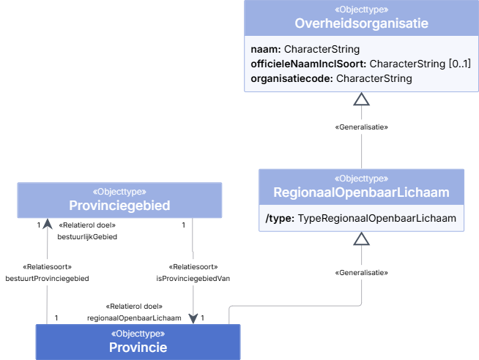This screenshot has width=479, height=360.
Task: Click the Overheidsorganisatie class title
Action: pyautogui.click(x=361, y=23)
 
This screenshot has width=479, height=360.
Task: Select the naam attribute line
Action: pyautogui.click(x=305, y=49)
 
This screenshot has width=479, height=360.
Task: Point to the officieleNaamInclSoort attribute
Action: pyautogui.click(x=361, y=64)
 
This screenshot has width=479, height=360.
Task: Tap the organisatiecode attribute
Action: pyautogui.click(x=332, y=78)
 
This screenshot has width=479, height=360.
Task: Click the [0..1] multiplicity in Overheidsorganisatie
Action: pyautogui.click(x=460, y=64)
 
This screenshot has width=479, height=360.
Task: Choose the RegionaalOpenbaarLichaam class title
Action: pyautogui.click(x=361, y=192)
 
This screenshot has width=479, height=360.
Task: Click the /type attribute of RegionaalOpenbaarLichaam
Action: pyautogui.click(x=361, y=219)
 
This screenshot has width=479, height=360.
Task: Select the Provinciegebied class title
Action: pyautogui.click(x=119, y=206)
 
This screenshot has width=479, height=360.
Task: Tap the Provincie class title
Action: pyautogui.click(x=138, y=348)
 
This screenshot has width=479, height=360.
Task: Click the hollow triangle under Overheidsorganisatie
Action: pyautogui.click(x=361, y=100)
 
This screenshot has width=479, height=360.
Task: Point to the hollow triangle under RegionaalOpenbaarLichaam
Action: pyautogui.click(x=361, y=239)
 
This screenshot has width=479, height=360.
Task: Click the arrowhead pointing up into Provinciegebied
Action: pyautogui.click(x=48, y=224)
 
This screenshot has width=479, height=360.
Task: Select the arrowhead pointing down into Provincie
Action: pyautogui.click(x=193, y=318)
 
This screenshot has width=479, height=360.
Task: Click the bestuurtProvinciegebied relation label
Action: pyautogui.click(x=47, y=279)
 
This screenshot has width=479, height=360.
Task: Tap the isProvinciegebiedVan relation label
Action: pyautogui.click(x=193, y=279)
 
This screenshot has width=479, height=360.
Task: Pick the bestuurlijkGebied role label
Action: pyautogui.click(x=87, y=237)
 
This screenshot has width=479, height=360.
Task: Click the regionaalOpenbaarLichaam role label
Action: pyautogui.click(x=134, y=318)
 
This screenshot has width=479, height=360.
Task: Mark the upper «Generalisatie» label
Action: pyautogui.click(x=361, y=127)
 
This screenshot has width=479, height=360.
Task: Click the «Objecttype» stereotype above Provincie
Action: pyautogui.click(x=138, y=334)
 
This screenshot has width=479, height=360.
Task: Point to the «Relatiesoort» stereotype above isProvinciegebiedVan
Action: pyautogui.click(x=193, y=267)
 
